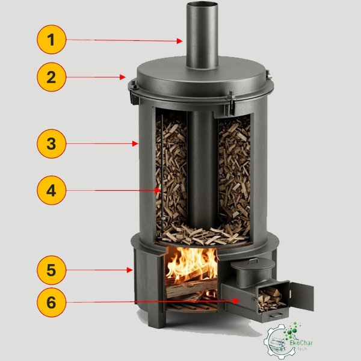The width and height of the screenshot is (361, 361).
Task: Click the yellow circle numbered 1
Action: [52, 40]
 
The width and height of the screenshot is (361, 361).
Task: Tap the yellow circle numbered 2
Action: [52, 77]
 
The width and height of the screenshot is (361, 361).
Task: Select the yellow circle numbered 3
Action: [52, 144]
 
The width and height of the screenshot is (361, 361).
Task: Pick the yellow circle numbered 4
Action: [52, 190]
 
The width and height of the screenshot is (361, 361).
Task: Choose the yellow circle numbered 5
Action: [52, 270]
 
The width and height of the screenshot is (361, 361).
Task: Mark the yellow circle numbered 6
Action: [52, 302]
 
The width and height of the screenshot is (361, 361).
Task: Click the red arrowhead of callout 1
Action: [180, 41]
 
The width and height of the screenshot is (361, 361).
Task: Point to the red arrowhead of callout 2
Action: [123, 77]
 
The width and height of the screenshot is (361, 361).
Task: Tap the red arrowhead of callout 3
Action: [135, 144]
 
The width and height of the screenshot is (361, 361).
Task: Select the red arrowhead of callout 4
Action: [158, 190]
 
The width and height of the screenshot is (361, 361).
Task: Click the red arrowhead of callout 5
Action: [130, 270]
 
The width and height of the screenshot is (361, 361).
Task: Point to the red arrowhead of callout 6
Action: [236, 301]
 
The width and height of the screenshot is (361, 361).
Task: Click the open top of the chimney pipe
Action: [202, 5]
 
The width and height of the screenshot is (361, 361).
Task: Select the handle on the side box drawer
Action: [276, 315]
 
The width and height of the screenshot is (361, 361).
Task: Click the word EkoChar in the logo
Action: [301, 343]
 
